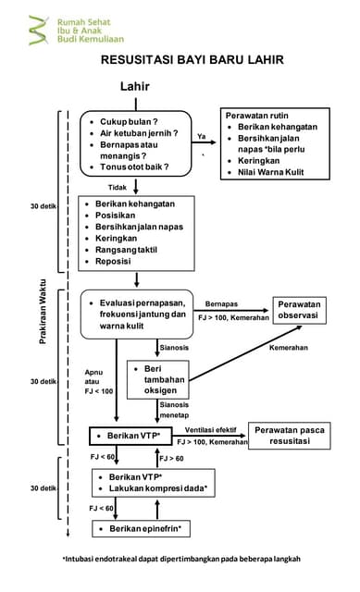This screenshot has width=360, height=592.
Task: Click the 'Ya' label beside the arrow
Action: point(201,136)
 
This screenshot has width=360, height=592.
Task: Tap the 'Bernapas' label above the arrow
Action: point(221,303)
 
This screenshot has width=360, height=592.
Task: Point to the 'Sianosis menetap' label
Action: point(175,410)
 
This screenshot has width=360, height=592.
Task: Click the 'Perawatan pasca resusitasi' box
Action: point(290,436)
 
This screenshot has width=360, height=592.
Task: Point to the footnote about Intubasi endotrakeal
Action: point(181,558)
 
